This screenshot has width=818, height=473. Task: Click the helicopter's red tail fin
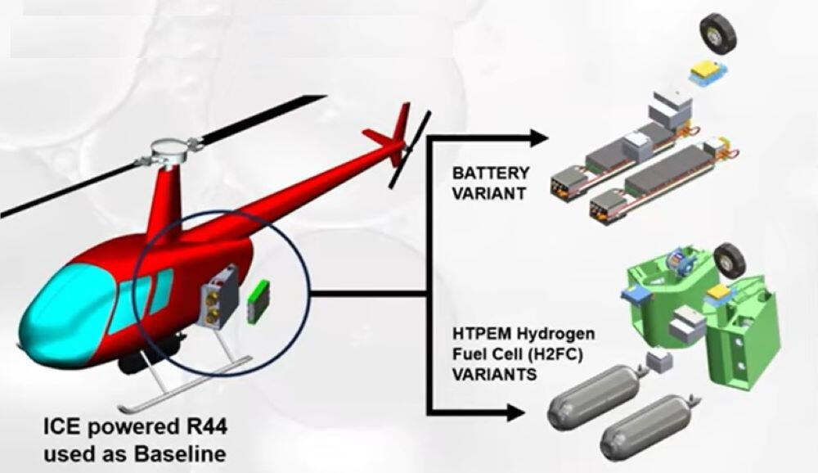pyautogui.click(x=398, y=127)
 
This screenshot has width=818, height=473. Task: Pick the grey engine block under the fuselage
pyautogui.click(x=219, y=296)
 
